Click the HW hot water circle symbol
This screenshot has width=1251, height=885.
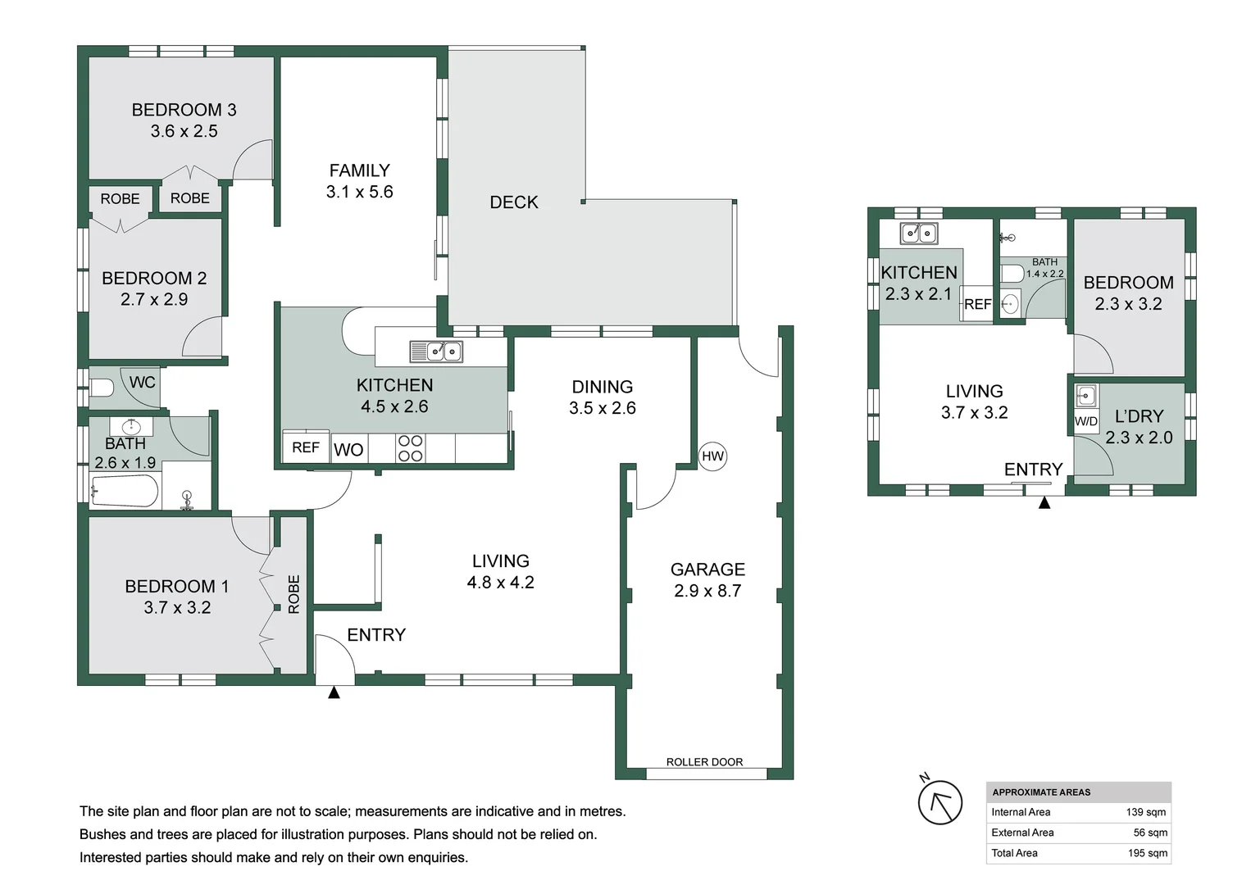tap(712, 456)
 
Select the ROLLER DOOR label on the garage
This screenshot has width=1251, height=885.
tap(704, 762)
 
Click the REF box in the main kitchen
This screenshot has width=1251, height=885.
tap(306, 447)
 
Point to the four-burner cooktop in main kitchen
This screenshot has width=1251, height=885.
tap(410, 448)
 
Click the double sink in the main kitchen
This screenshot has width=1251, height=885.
tap(436, 352)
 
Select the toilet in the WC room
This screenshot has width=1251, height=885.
tap(101, 388)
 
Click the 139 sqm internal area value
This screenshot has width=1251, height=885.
tap(1146, 812)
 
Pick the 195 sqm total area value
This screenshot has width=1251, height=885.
tap(1147, 853)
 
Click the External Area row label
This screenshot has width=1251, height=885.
tap(1022, 833)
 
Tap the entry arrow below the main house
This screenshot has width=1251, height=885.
tap(334, 693)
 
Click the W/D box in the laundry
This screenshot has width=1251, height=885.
tap(1086, 421)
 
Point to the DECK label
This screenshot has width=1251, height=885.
tap(514, 202)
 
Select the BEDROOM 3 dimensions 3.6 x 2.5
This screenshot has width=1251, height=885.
tap(184, 131)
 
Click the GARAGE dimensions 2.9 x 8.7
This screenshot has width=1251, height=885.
tap(707, 591)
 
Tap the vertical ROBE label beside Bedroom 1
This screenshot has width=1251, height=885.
tap(293, 594)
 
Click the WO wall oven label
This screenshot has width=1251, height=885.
tap(348, 450)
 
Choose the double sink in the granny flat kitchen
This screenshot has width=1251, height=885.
tap(919, 234)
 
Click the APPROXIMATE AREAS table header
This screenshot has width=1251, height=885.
tap(1041, 792)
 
